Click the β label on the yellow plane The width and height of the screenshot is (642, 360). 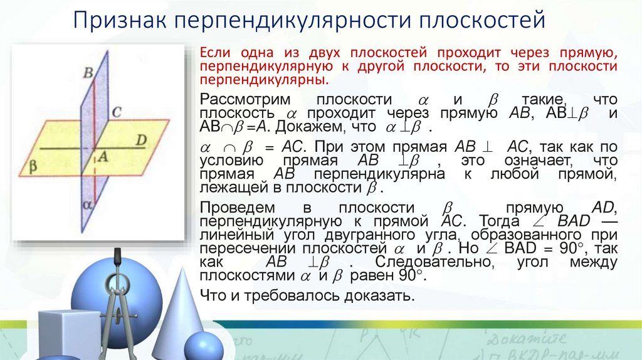(32, 166)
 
